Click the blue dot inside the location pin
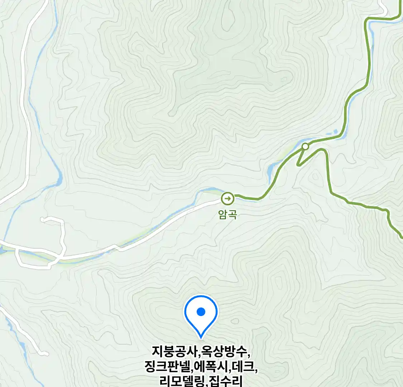[201, 312]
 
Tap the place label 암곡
[227, 214]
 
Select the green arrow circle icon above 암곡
[227, 198]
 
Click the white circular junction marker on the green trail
[305, 146]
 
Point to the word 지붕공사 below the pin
[174, 352]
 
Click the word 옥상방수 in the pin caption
[224, 352]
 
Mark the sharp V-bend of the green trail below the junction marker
[298, 165]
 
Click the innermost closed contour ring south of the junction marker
[315, 176]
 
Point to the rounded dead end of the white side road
[43, 219]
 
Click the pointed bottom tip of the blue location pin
[201, 338]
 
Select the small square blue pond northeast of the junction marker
[336, 132]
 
